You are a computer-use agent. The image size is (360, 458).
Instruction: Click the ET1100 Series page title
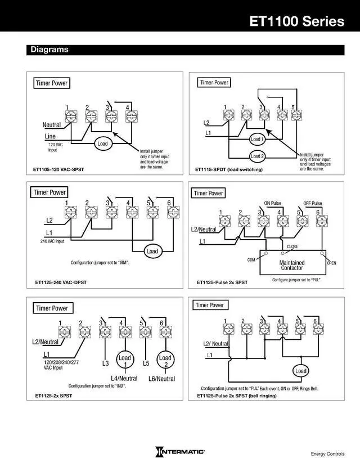click(x=297, y=21)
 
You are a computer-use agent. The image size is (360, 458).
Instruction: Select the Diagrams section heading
click(x=49, y=50)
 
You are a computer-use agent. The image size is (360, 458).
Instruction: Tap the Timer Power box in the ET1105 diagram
click(x=52, y=83)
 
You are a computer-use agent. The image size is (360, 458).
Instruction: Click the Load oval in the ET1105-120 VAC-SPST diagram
click(x=102, y=143)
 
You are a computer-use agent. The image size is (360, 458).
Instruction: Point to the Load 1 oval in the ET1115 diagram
click(x=257, y=139)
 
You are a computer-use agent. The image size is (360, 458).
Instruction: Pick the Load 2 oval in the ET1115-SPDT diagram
click(x=257, y=156)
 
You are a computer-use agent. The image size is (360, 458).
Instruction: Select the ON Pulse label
click(x=273, y=203)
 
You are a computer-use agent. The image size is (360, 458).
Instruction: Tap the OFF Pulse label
click(x=313, y=203)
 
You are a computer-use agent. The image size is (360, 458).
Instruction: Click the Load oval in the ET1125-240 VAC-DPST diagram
click(x=152, y=251)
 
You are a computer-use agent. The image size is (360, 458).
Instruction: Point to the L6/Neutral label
click(x=162, y=379)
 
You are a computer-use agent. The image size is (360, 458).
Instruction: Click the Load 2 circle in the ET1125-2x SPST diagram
click(x=165, y=361)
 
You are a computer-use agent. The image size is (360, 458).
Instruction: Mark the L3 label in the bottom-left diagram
click(x=106, y=363)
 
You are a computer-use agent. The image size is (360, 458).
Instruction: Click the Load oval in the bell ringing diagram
click(x=301, y=371)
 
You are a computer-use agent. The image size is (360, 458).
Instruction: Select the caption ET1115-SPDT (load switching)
click(x=229, y=169)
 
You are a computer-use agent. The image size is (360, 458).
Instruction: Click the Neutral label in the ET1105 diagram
click(x=52, y=125)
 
